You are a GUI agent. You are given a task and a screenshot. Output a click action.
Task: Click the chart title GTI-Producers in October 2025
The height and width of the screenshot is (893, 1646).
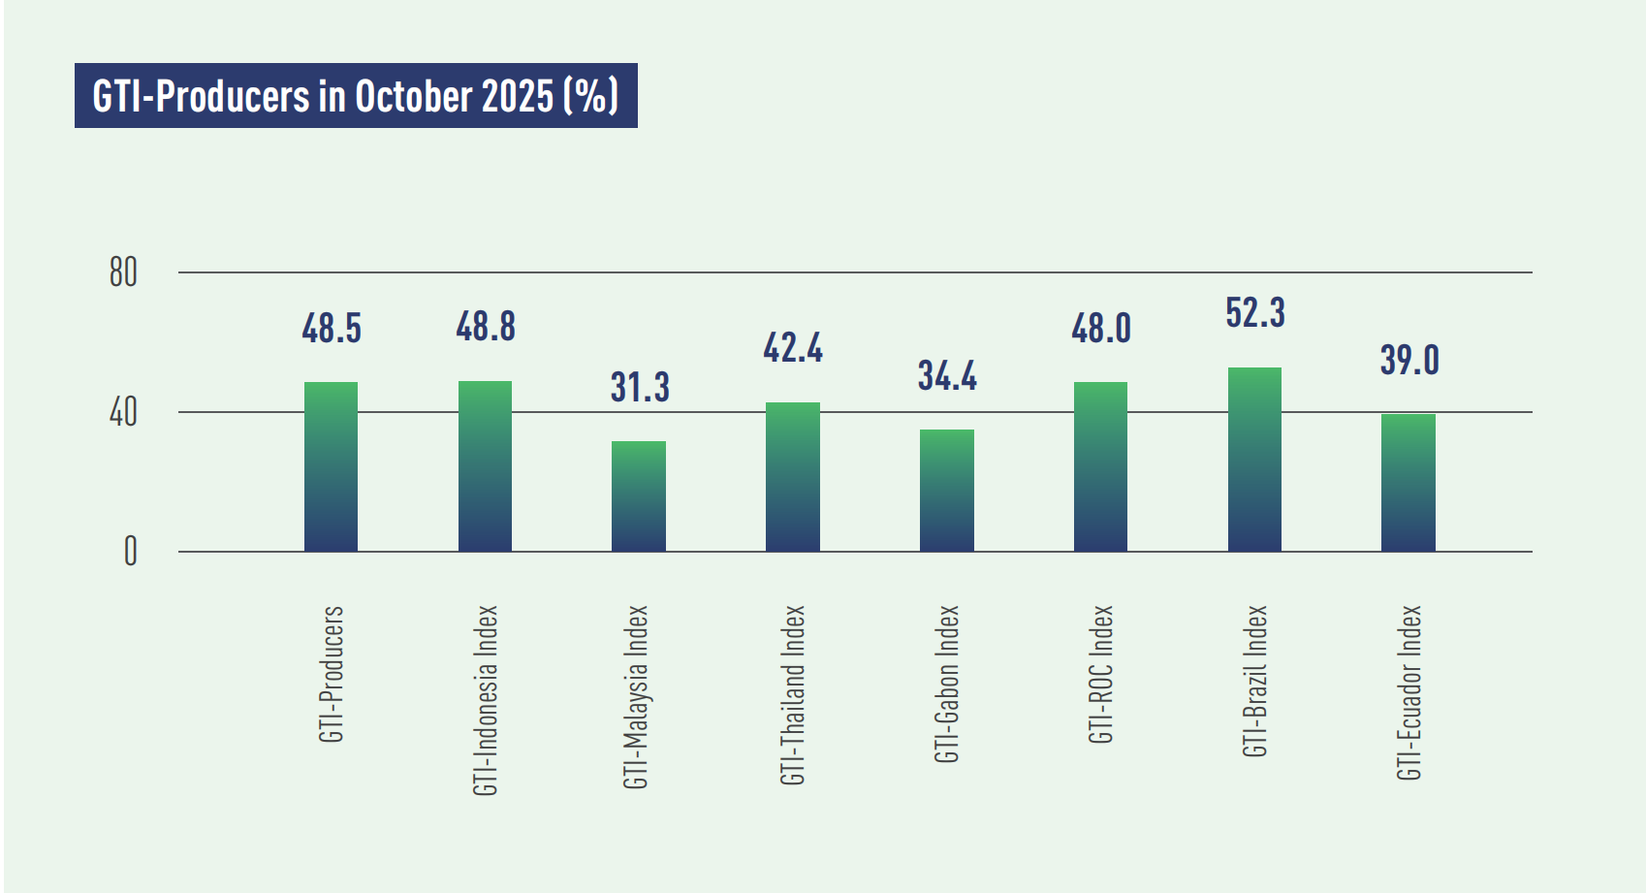tap(355, 96)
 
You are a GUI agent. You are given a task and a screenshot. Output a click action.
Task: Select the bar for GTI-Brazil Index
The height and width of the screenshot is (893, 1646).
tap(1254, 460)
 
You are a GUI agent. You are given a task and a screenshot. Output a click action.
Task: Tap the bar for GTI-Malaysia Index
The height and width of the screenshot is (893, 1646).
tap(639, 496)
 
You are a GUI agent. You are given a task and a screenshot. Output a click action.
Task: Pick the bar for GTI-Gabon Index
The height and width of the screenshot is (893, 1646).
tap(947, 491)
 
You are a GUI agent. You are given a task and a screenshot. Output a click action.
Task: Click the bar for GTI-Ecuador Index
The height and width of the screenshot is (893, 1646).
tap(1408, 483)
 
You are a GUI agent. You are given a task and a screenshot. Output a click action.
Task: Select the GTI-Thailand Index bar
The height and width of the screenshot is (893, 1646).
tap(793, 477)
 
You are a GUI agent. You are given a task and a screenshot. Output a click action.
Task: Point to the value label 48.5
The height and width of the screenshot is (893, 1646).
tap(332, 329)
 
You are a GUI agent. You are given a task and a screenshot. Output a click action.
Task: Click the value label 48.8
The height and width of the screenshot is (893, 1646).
tap(486, 327)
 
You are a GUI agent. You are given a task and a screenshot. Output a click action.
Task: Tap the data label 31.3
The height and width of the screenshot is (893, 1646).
tap(640, 387)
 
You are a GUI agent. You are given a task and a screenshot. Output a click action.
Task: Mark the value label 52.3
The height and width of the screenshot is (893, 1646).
tap(1255, 313)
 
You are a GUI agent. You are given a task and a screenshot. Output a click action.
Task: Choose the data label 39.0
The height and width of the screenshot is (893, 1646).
tap(1409, 361)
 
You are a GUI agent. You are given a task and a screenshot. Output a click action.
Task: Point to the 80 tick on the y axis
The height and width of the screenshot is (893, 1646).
tap(123, 272)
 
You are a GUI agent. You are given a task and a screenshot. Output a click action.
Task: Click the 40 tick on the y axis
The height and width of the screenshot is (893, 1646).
tap(123, 413)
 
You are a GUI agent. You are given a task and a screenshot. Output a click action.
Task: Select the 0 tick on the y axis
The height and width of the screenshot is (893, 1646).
tap(130, 552)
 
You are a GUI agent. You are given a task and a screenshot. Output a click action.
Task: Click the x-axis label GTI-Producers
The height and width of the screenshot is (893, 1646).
tap(332, 674)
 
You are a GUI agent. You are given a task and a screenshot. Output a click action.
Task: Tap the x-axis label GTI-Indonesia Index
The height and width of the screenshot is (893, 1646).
tap(486, 700)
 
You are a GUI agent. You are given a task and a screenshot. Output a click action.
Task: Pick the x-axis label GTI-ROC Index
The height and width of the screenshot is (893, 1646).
tap(1101, 674)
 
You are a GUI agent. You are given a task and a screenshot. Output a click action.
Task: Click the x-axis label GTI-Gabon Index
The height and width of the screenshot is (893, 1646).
tap(947, 684)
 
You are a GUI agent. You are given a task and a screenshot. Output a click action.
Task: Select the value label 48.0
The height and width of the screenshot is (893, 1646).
tap(1101, 329)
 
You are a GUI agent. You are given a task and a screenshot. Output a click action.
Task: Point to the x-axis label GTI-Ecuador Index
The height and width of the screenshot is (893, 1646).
tap(1409, 692)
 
